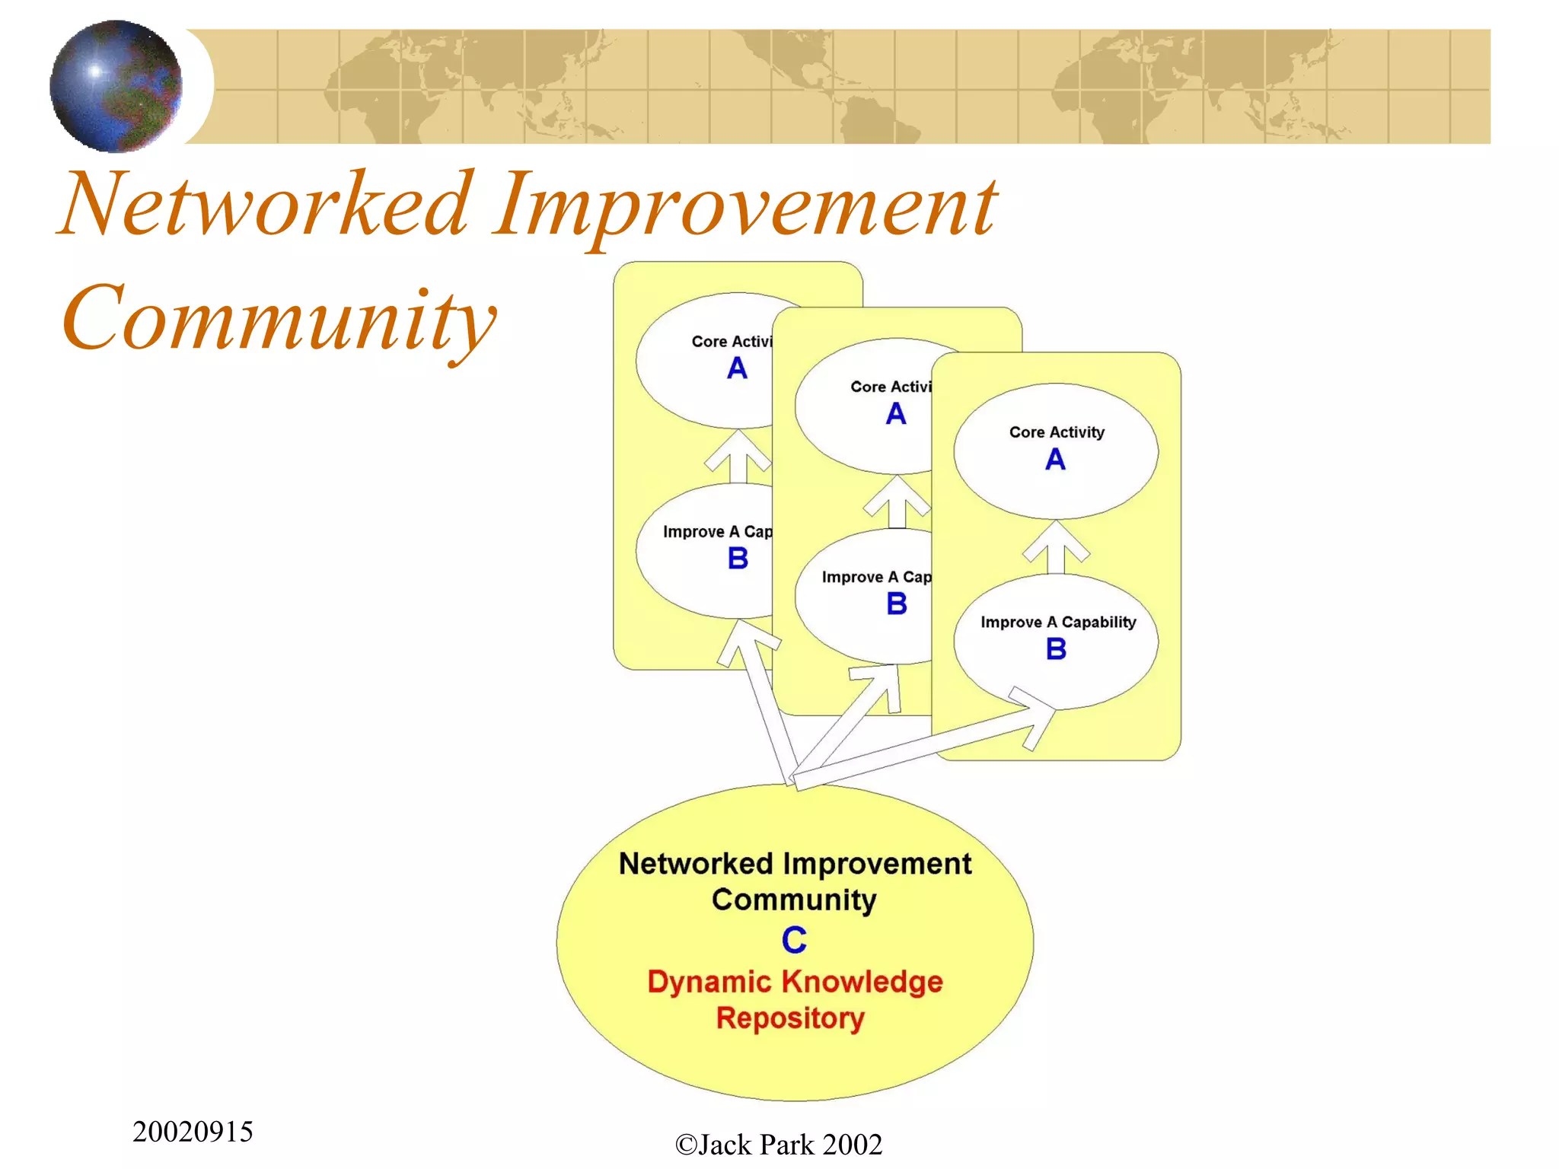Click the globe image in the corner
[116, 85]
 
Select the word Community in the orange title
[279, 318]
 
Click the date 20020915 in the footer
[193, 1132]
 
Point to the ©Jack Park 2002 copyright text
[778, 1145]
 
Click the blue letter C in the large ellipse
[794, 940]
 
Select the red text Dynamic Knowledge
[795, 982]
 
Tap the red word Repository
[790, 1018]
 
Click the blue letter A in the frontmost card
[1055, 460]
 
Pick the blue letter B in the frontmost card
[1056, 649]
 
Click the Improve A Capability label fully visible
[1057, 623]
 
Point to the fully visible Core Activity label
[1057, 432]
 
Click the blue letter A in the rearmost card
[737, 369]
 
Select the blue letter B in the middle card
[897, 604]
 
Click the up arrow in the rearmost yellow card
[738, 457]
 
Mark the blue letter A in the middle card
[896, 414]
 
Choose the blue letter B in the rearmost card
[738, 559]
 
